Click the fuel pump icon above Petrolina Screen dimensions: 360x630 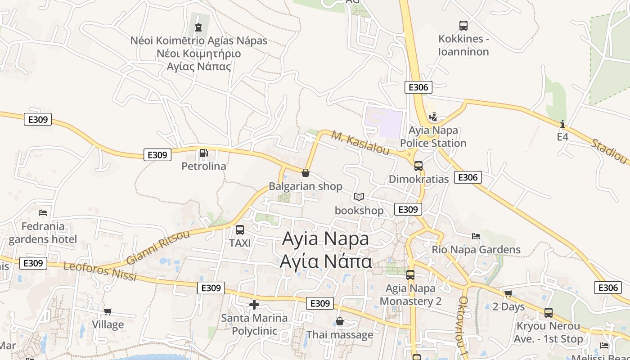pyautogui.click(x=203, y=153)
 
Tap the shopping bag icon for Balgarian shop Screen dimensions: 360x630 pyautogui.click(x=306, y=173)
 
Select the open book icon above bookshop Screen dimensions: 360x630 pyautogui.click(x=359, y=197)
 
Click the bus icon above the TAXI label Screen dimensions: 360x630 pyautogui.click(x=240, y=230)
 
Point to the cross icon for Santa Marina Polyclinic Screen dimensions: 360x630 pyautogui.click(x=254, y=305)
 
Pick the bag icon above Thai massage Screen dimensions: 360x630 pyautogui.click(x=340, y=321)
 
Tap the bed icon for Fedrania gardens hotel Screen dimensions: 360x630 pyautogui.click(x=43, y=213)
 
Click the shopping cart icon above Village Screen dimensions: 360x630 pyautogui.click(x=108, y=311)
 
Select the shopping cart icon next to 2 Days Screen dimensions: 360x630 pyautogui.click(x=508, y=294)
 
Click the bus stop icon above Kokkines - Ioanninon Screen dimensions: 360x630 pyautogui.click(x=463, y=25)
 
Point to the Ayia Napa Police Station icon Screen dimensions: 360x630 pyautogui.click(x=433, y=117)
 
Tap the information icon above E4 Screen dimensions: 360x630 pyautogui.click(x=562, y=124)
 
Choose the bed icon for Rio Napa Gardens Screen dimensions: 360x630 pyautogui.click(x=476, y=236)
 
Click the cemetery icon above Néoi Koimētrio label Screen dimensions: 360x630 pyautogui.click(x=198, y=28)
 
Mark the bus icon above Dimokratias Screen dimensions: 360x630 pyautogui.click(x=418, y=166)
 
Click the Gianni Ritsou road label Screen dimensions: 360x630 pyautogui.click(x=155, y=248)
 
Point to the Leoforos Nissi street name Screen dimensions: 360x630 pyautogui.click(x=100, y=271)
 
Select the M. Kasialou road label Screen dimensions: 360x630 pyautogui.click(x=360, y=143)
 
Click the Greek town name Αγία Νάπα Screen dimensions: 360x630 pyautogui.click(x=326, y=261)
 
